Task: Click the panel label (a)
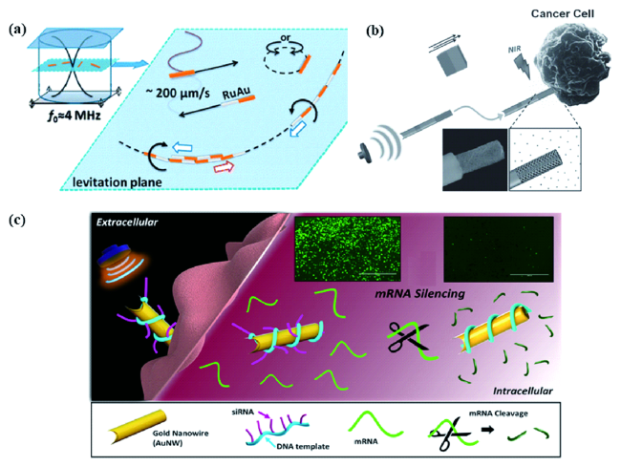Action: [17, 29]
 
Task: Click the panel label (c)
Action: [17, 222]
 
